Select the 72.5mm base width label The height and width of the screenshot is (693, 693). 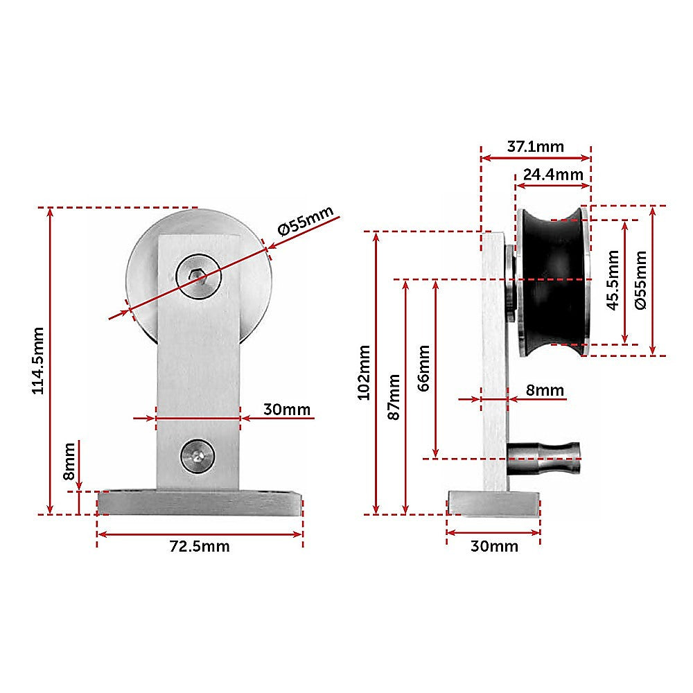(200, 546)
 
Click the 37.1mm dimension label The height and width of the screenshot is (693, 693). (535, 147)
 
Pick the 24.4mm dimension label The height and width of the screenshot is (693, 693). (552, 174)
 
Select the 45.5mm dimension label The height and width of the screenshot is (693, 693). (613, 280)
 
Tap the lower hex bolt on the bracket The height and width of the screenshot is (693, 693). (198, 455)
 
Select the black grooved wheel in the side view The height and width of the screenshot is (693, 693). (554, 281)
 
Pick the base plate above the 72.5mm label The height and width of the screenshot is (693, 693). (200, 502)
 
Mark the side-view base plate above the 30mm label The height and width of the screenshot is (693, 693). (493, 502)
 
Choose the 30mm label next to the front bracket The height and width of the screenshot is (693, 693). (287, 410)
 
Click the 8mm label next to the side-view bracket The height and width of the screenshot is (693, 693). (545, 391)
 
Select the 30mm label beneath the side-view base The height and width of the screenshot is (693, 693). (493, 546)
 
